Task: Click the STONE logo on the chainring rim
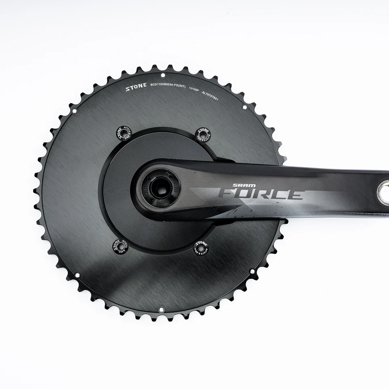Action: click(x=136, y=87)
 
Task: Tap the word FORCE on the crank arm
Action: click(x=261, y=194)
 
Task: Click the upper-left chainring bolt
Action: click(x=124, y=133)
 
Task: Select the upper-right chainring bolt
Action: click(x=203, y=134)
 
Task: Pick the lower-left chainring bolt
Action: click(x=120, y=246)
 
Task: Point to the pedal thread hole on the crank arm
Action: click(x=383, y=193)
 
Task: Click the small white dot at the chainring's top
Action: click(x=162, y=75)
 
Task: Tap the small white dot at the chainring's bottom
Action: click(x=161, y=310)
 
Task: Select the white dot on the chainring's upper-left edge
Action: click(x=74, y=110)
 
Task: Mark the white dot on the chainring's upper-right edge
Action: click(x=244, y=107)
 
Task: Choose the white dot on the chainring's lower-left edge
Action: click(x=77, y=276)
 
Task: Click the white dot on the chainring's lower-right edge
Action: click(x=252, y=271)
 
